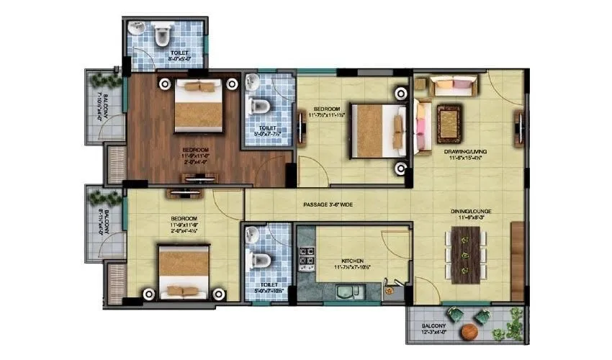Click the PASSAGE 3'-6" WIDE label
click(x=327, y=205)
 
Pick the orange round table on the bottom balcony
click(x=469, y=331)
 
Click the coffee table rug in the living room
click(x=449, y=119)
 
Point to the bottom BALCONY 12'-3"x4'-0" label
click(x=438, y=329)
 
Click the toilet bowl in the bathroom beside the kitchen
click(x=262, y=259)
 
